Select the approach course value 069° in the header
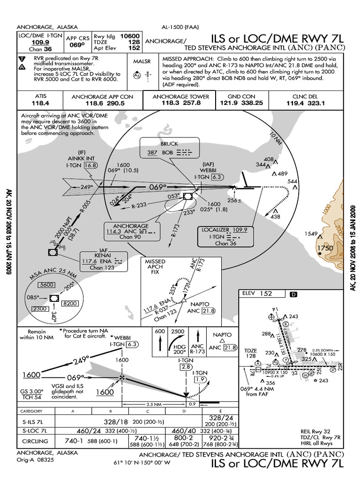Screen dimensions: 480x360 (77, 45)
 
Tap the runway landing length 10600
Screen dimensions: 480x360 (129, 35)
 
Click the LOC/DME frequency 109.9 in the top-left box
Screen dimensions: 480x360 (41, 42)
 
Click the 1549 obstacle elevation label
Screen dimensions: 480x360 (311, 233)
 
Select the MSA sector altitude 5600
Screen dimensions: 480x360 (47, 285)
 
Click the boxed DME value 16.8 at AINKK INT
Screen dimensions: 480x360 (90, 165)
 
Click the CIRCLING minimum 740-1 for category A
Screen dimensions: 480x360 (72, 441)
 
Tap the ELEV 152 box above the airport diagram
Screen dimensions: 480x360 (262, 294)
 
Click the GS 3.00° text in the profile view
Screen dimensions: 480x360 (32, 391)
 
